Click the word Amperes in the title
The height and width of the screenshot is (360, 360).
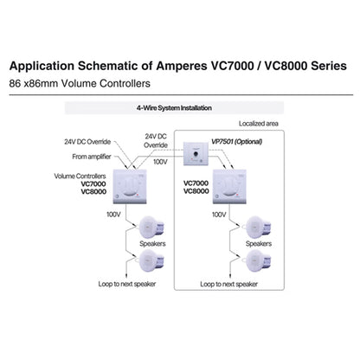coord(182,67)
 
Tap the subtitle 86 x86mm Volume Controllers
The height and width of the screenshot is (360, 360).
coord(80,84)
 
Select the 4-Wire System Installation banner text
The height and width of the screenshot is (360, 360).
coord(174,108)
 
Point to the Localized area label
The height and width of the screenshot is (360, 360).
coord(259,124)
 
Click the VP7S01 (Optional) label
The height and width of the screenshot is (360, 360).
coord(237,142)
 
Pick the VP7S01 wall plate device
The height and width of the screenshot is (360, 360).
coord(196,153)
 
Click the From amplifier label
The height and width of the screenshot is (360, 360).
coord(92,157)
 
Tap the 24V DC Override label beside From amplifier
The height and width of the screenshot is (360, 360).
coord(87,142)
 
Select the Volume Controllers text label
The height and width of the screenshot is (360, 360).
coord(80,176)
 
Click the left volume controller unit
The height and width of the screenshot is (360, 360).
coord(130,187)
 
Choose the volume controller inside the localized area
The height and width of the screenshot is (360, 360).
coord(229,187)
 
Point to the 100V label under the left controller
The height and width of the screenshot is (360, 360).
coord(113,215)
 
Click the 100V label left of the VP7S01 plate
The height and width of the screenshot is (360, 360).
coord(160,162)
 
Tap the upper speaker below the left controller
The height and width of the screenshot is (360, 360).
coord(151,227)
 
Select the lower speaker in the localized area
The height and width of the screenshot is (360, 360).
coord(257,260)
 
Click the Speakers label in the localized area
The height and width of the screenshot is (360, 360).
coord(259,244)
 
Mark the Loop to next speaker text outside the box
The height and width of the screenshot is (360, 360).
coord(127,284)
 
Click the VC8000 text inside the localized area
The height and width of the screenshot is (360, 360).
coord(196,191)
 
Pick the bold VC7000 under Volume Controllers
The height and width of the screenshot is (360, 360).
coord(93,183)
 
